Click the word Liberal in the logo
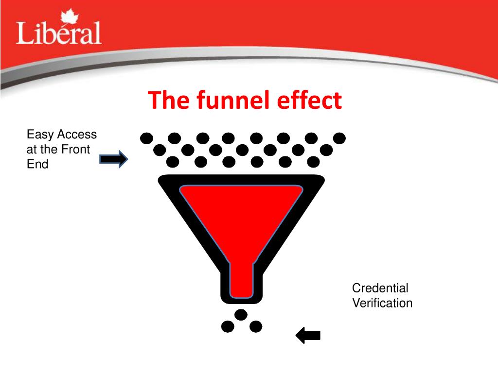[59, 33]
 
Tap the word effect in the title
[309, 101]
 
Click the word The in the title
[170, 101]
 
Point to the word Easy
[40, 135]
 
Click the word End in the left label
[37, 164]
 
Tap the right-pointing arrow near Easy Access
[113, 159]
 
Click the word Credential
[380, 288]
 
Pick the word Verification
[382, 303]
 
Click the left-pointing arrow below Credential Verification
[308, 335]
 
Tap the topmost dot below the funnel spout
[241, 315]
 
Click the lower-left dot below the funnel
[228, 326]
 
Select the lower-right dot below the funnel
[256, 326]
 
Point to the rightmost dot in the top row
[339, 138]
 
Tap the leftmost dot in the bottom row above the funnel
[172, 161]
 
